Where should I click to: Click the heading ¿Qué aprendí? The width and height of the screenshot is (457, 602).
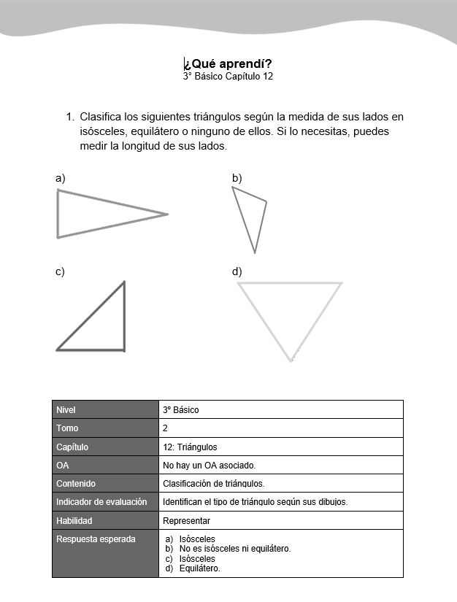click(228, 63)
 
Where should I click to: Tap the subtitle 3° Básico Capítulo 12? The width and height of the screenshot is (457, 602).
click(228, 76)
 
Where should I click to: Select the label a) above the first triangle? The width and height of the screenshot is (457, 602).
click(60, 177)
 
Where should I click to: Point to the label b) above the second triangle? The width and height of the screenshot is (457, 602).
click(237, 177)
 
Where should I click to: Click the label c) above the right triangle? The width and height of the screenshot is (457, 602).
click(60, 271)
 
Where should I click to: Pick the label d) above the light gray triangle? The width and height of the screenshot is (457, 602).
click(237, 271)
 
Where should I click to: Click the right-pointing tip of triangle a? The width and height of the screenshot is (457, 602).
click(167, 214)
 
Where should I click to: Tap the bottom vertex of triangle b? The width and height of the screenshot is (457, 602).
click(255, 252)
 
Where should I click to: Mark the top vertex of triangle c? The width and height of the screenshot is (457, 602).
click(124, 282)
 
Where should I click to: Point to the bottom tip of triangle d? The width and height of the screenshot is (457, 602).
click(291, 360)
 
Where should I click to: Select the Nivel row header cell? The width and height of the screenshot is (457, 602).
click(105, 409)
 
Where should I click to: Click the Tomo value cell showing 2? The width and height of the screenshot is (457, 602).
click(280, 428)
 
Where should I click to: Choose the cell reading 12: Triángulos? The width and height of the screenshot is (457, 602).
click(280, 447)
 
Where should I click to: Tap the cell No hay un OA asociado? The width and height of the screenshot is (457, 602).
click(280, 465)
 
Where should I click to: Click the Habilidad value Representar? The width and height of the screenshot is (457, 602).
click(280, 521)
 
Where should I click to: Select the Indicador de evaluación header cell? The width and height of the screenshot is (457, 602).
click(105, 502)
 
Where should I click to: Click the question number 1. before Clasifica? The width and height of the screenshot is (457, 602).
click(70, 117)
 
